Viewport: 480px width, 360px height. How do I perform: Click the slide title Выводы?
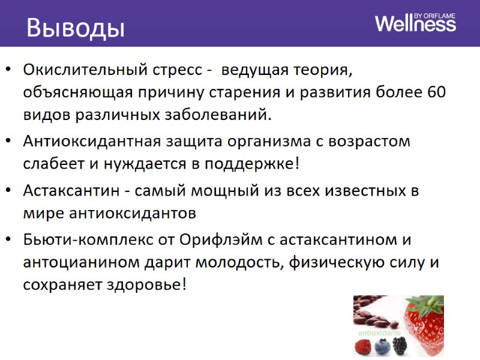[x=75, y=28]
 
